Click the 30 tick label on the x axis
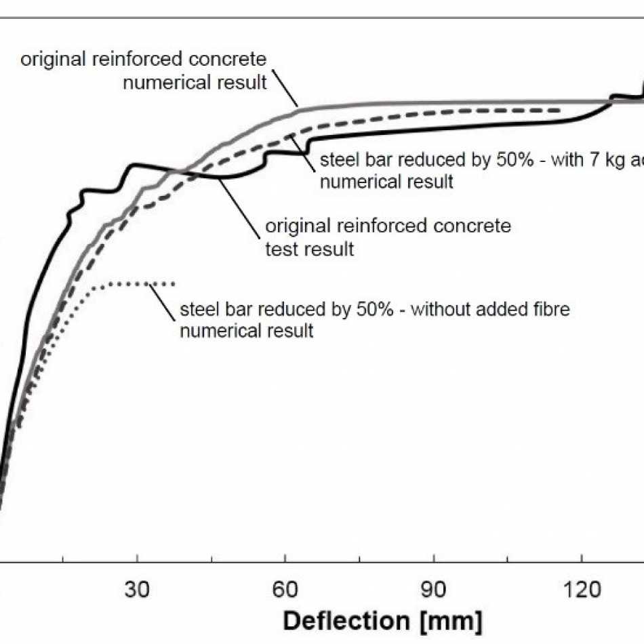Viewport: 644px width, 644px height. pos(138,590)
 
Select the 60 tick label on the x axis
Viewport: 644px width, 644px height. pos(285,590)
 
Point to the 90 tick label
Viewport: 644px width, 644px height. pos(433,590)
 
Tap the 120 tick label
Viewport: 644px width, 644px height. pos(582,590)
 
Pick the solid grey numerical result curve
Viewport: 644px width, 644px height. pos(407,103)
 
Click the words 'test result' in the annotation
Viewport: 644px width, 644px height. pos(309,249)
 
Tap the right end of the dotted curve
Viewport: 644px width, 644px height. pos(174,283)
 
